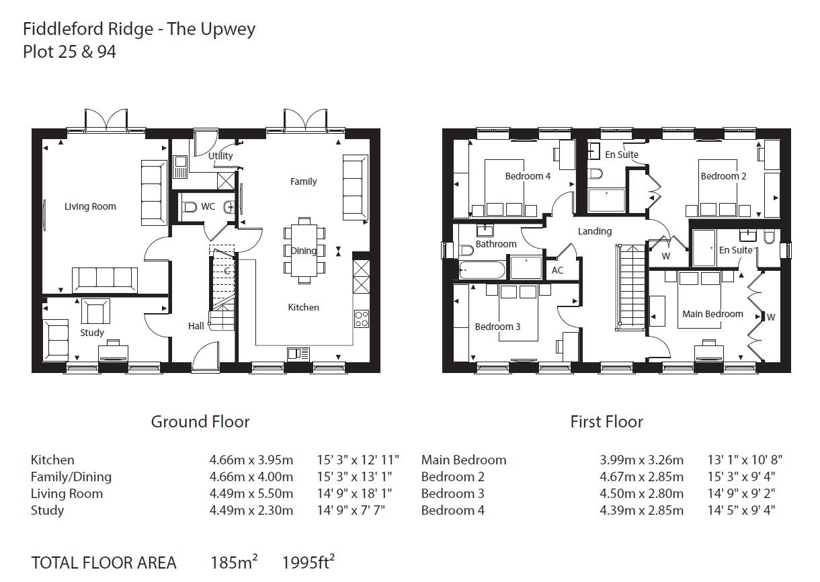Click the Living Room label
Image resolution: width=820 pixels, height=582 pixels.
[90, 206]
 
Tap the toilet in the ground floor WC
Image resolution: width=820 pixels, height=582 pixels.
[189, 207]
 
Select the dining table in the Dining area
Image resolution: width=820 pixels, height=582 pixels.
[304, 251]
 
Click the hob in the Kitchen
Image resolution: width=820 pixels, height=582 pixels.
[362, 319]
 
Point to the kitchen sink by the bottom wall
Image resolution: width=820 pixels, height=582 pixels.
[298, 354]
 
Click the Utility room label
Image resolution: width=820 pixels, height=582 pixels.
[220, 156]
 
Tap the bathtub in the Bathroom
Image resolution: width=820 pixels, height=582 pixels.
[482, 270]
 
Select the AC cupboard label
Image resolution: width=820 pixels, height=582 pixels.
[557, 270]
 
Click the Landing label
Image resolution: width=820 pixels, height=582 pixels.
[594, 231]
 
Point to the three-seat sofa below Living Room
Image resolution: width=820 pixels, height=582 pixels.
[105, 280]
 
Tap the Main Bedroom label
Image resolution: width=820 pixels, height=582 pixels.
[712, 314]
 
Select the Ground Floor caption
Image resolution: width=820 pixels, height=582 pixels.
[200, 422]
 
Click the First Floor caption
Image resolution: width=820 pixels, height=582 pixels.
[606, 422]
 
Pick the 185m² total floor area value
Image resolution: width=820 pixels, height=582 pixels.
[234, 563]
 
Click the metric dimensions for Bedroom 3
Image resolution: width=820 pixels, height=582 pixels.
[641, 494]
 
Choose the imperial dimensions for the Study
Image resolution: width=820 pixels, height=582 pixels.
[351, 511]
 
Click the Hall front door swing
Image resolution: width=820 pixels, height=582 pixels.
[205, 353]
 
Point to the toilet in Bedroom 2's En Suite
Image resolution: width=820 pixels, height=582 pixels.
[596, 173]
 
